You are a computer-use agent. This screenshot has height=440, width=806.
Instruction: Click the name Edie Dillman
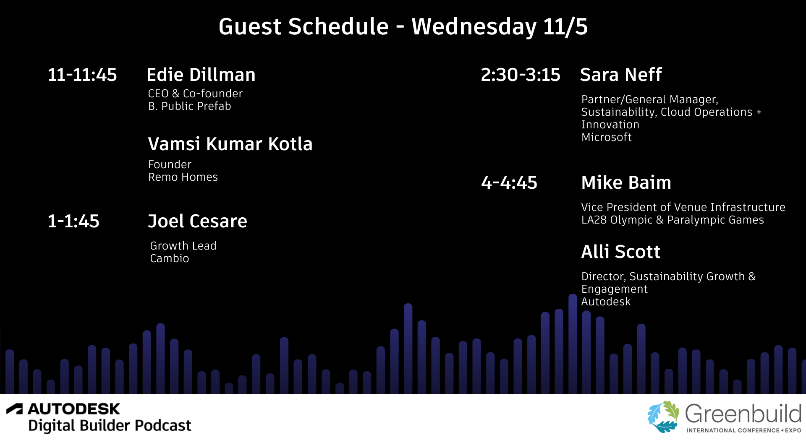(201, 75)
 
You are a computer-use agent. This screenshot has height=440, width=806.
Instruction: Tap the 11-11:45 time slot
(82, 75)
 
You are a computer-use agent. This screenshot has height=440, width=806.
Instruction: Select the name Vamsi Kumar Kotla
(230, 144)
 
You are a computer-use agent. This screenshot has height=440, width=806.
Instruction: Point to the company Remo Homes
(183, 177)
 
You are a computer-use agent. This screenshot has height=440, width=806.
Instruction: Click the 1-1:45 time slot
(73, 221)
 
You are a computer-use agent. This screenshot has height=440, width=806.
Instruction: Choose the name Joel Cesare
(197, 221)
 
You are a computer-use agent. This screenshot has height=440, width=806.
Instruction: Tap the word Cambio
(170, 258)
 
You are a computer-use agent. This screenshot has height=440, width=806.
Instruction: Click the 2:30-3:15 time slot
(521, 75)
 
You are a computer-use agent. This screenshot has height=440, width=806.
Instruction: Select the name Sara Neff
(621, 75)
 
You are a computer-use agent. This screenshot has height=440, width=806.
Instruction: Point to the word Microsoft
(607, 137)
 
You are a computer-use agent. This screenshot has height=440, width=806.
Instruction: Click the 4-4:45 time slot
(509, 182)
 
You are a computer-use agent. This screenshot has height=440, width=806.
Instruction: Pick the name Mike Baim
(626, 182)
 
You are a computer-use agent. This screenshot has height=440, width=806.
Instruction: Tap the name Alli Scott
(621, 252)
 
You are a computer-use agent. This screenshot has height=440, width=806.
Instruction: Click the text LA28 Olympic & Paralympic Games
(673, 220)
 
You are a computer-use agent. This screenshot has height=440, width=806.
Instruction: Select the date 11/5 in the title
(565, 26)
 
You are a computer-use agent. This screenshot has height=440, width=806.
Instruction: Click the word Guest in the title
(250, 26)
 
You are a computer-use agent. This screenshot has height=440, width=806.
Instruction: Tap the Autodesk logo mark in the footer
(15, 409)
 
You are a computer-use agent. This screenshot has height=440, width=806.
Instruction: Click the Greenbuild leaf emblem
(663, 417)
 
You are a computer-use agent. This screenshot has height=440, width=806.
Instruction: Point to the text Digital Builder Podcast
(110, 426)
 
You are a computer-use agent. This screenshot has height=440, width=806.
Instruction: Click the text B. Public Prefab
(190, 106)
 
